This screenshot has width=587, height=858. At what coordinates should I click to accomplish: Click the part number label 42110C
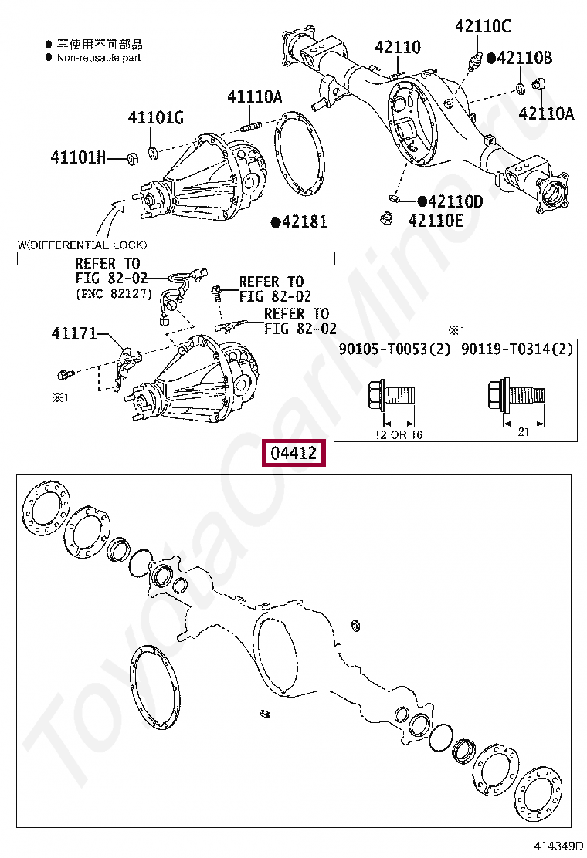click(x=482, y=26)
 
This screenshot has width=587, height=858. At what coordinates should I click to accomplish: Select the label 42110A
click(x=546, y=113)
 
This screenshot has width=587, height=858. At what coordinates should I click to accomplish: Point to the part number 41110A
click(x=254, y=96)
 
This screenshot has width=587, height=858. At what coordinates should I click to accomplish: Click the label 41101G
click(x=155, y=117)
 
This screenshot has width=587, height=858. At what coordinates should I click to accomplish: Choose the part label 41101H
click(x=77, y=157)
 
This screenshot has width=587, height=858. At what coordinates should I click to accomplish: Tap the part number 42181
click(x=304, y=222)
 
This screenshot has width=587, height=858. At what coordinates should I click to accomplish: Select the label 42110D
click(x=455, y=201)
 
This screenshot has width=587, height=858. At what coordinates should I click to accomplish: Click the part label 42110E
click(x=436, y=221)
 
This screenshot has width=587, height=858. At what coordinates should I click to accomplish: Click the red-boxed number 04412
click(x=293, y=453)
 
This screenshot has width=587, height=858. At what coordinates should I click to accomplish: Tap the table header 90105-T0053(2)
click(x=394, y=349)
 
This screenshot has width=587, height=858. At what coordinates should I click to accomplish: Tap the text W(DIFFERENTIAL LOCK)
click(x=82, y=245)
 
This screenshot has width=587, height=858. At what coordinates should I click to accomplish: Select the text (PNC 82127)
click(x=114, y=294)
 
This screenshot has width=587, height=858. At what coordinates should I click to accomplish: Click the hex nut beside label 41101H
click(x=132, y=158)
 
